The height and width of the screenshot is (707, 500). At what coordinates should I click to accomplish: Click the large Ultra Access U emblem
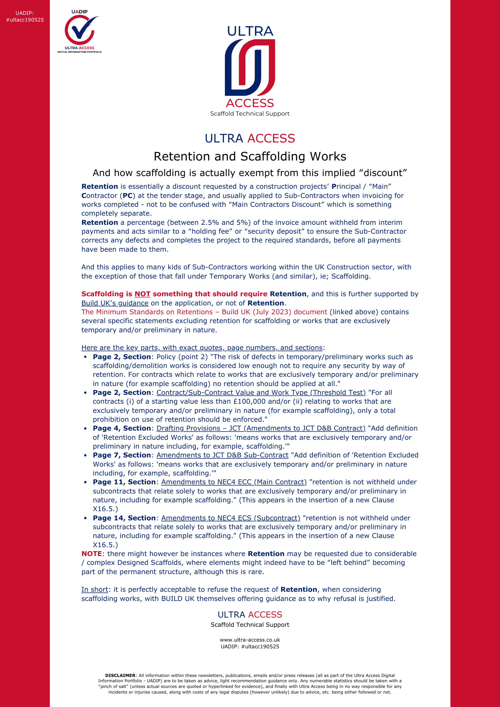(x=250, y=67)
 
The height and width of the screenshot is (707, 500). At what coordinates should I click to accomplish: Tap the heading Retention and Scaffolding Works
(x=250, y=156)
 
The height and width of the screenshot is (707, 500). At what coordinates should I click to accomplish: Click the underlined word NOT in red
(x=142, y=294)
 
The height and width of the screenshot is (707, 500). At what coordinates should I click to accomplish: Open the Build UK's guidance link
(x=115, y=303)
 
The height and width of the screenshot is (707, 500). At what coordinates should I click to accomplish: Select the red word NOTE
(x=92, y=554)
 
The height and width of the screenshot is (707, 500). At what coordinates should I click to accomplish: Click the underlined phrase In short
(x=94, y=589)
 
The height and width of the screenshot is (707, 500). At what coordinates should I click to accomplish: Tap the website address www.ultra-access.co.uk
(x=250, y=640)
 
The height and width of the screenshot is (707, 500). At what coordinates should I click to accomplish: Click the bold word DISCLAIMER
(x=120, y=675)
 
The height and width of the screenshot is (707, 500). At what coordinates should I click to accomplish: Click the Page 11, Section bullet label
(x=124, y=482)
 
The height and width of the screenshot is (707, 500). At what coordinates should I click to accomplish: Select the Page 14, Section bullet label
(x=124, y=518)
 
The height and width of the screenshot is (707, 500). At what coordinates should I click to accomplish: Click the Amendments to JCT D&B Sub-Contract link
(x=222, y=455)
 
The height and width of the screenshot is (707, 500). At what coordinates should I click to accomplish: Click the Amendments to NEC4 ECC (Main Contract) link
(x=234, y=482)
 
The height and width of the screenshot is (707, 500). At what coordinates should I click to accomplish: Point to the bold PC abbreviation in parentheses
(x=127, y=195)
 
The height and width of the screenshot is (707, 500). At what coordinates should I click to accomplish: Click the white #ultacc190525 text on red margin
(x=25, y=20)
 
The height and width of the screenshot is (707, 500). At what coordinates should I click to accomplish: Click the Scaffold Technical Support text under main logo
(x=250, y=113)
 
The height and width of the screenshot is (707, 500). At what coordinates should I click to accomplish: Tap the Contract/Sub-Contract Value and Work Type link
(x=261, y=392)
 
